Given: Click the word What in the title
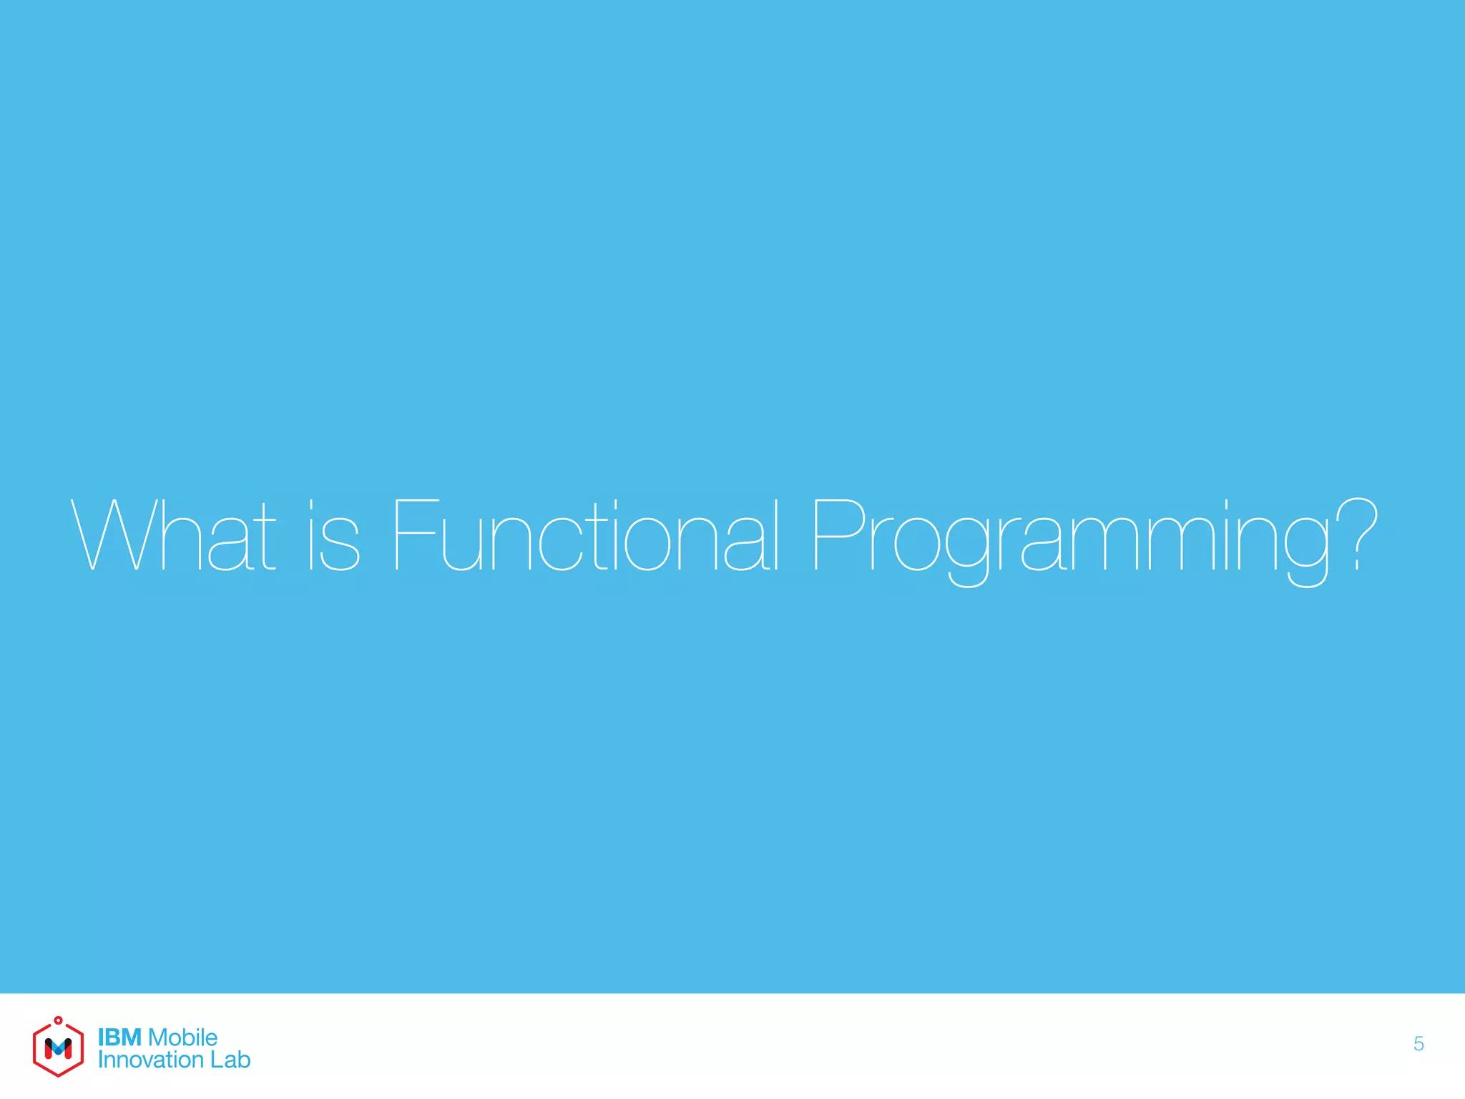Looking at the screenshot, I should point(174,535).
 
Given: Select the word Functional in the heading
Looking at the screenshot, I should point(585,535).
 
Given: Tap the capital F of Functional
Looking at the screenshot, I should point(415,535).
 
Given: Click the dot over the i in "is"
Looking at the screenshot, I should point(311,503).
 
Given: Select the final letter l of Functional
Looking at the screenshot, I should point(775,535).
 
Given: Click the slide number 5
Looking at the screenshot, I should point(1419,1044).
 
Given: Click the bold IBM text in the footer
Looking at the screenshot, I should point(119,1037).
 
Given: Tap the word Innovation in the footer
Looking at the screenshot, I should point(150,1060).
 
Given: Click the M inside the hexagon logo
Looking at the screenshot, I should point(58,1049).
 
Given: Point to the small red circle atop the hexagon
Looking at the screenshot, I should point(58,1020).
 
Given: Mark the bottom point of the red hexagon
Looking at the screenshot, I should point(58,1075).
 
